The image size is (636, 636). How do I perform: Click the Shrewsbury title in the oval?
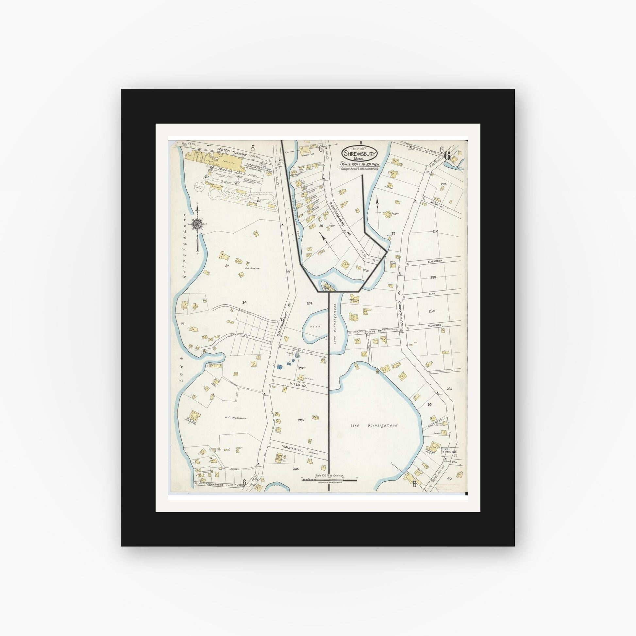click(x=359, y=153)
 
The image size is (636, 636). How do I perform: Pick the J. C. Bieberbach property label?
click(x=236, y=418)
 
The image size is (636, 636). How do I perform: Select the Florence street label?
click(x=434, y=325)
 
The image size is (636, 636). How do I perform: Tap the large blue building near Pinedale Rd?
click(x=280, y=366)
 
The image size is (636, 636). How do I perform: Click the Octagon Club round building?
click(x=387, y=214)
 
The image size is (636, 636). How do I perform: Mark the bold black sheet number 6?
click(x=447, y=155)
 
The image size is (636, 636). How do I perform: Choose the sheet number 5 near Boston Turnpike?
click(x=253, y=148)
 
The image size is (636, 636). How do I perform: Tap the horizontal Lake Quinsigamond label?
click(x=374, y=425)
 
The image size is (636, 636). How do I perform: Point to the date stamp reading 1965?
click(x=450, y=452)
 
